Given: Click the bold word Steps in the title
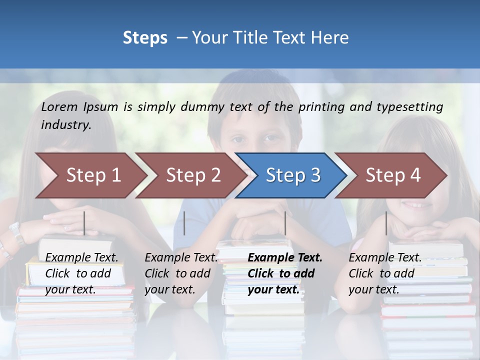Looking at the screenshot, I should coord(145,38).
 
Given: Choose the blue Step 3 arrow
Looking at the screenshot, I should coord(293,175).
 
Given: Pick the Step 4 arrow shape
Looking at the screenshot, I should coord(393,175).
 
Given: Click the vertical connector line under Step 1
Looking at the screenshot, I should coord(84,223).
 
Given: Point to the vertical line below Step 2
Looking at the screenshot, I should coord(184,223).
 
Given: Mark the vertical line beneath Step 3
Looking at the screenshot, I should coord(285,223).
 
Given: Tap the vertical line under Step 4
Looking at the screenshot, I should coord(386,223).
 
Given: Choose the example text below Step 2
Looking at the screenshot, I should coord(181,273).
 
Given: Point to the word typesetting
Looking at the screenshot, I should coord(409,107).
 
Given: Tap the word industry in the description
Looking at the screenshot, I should coord(66,125).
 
